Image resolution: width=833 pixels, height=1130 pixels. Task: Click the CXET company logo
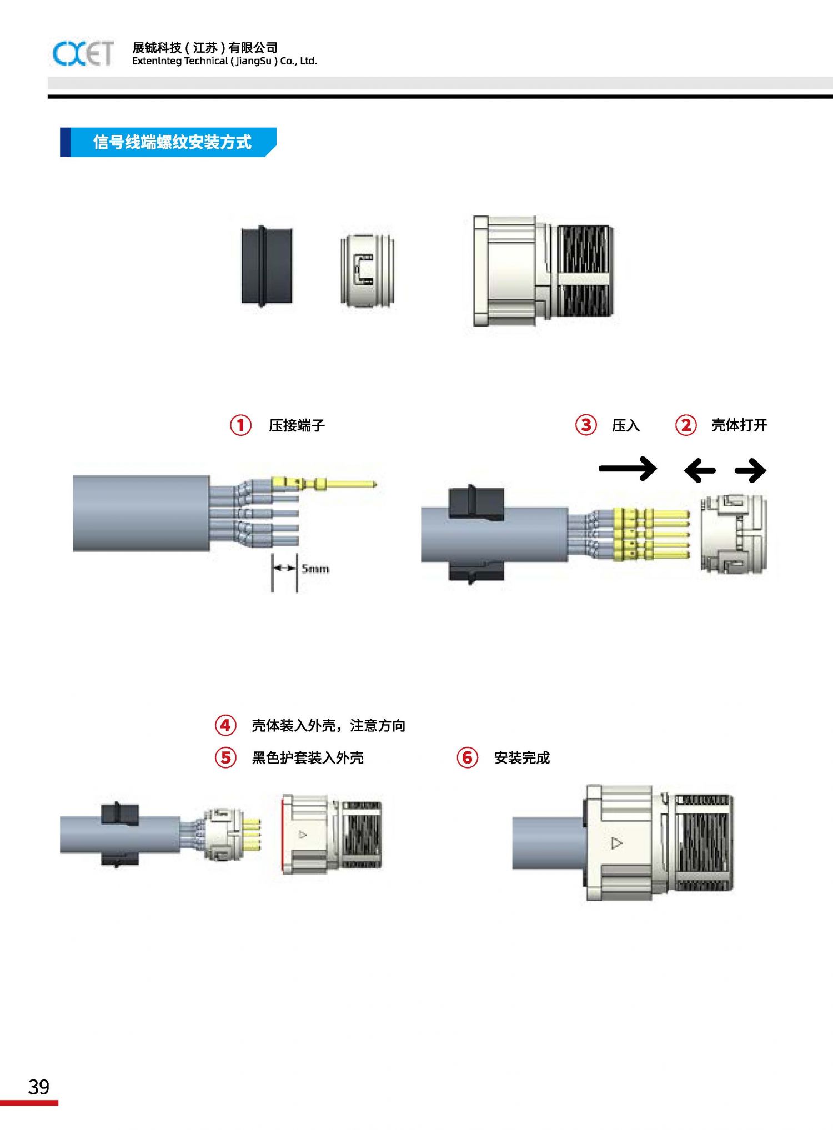pyautogui.click(x=83, y=53)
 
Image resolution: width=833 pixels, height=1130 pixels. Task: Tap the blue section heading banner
pyautogui.click(x=168, y=142)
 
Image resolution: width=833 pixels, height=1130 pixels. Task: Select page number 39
pyautogui.click(x=38, y=1087)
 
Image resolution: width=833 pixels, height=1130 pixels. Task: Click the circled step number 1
pyautogui.click(x=240, y=425)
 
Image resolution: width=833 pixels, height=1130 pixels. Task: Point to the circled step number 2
pyautogui.click(x=686, y=425)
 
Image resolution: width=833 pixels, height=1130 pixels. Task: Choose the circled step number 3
pyautogui.click(x=586, y=425)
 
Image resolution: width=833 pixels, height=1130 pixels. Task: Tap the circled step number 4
pyautogui.click(x=225, y=725)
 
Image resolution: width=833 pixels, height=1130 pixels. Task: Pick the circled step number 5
pyautogui.click(x=225, y=757)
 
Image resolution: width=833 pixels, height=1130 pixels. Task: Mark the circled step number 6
pyautogui.click(x=468, y=757)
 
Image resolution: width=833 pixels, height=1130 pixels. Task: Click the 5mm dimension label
pyautogui.click(x=315, y=569)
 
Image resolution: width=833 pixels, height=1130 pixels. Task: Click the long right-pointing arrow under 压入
pyautogui.click(x=628, y=469)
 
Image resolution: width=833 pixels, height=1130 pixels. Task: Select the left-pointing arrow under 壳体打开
pyautogui.click(x=700, y=471)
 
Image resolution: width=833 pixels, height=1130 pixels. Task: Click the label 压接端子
pyautogui.click(x=297, y=425)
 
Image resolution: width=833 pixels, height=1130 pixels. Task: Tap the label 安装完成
pyautogui.click(x=521, y=758)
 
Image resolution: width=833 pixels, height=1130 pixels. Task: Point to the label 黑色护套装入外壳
pyautogui.click(x=308, y=758)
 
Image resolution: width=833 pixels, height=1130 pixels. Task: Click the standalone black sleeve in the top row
pyautogui.click(x=267, y=267)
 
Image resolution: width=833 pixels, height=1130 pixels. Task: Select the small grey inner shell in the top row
pyautogui.click(x=367, y=270)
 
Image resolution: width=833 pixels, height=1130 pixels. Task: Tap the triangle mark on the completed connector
pyautogui.click(x=616, y=843)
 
